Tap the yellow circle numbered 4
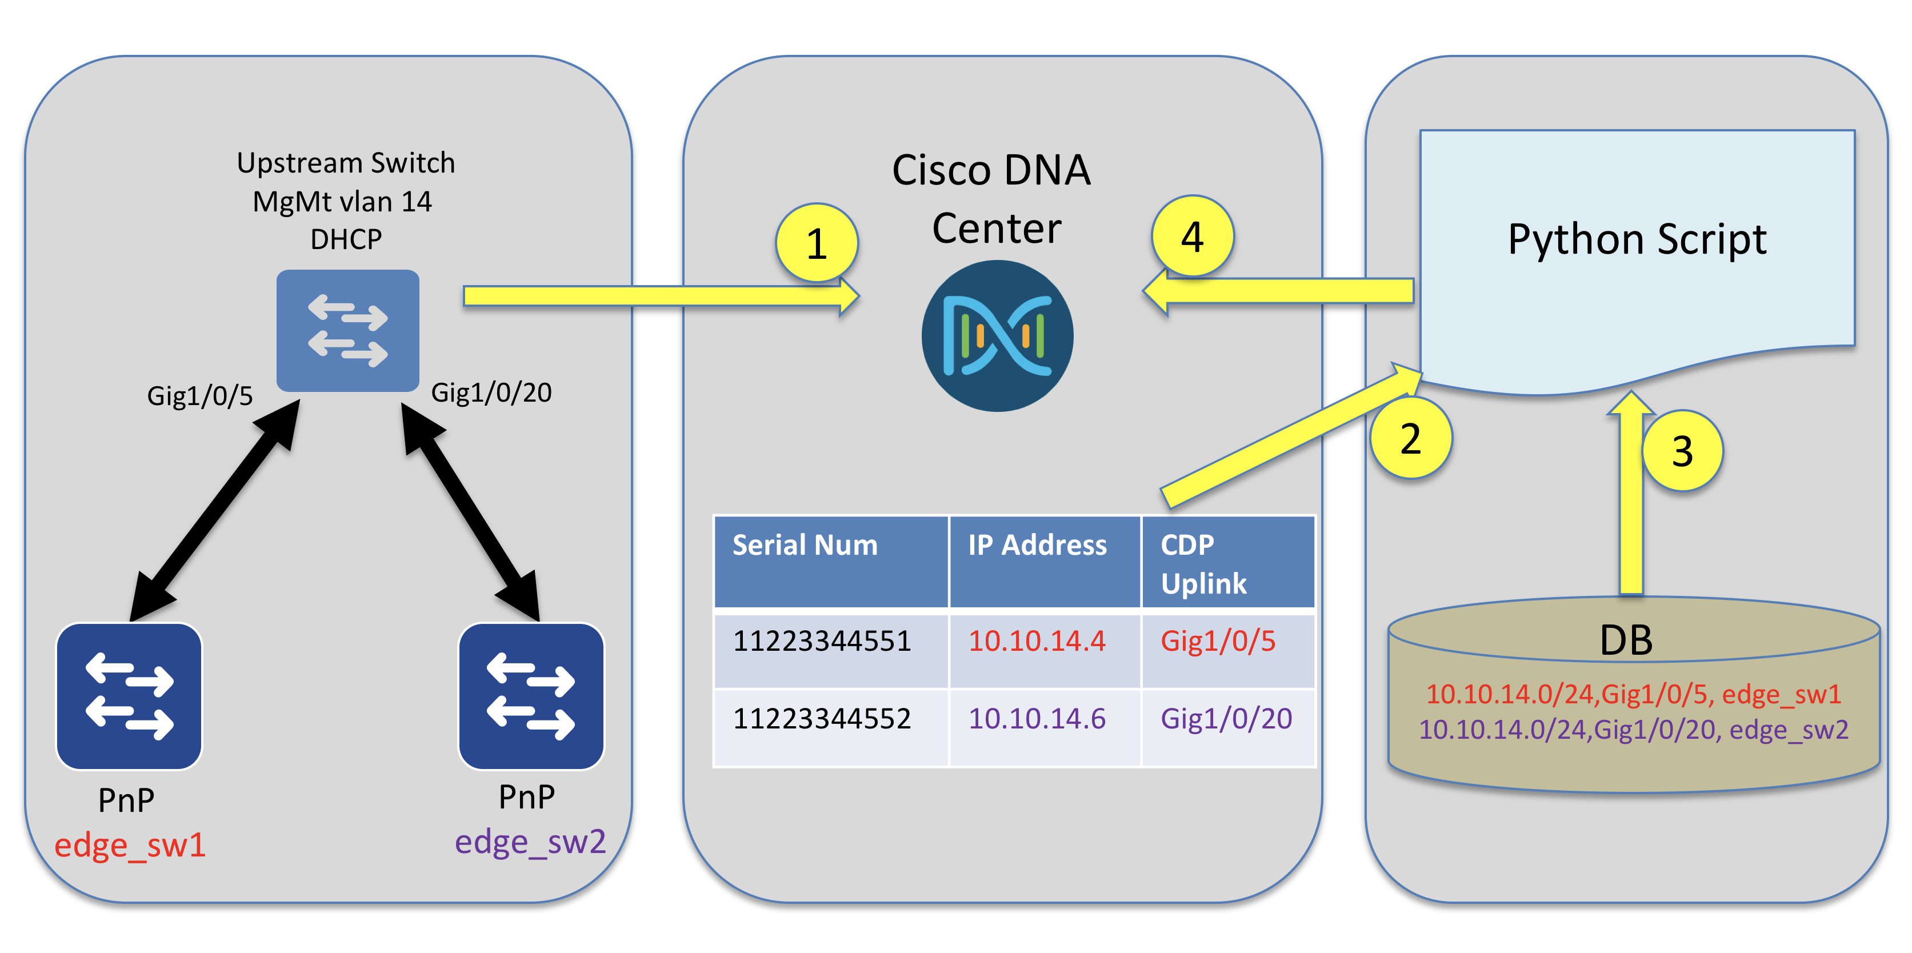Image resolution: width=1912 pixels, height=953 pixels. [x=1192, y=237]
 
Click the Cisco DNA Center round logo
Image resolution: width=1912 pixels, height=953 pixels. [x=997, y=336]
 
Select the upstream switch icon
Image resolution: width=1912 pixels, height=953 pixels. [x=347, y=330]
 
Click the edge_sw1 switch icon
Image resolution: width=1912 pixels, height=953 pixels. [x=129, y=696]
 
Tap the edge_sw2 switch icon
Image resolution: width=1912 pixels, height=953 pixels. [x=531, y=696]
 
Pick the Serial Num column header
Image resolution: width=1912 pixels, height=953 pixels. [x=805, y=546]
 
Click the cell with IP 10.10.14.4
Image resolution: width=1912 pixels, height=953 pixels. [x=1037, y=641]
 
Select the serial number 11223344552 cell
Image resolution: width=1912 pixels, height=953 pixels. [x=822, y=718]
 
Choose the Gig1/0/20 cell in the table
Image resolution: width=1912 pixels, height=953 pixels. [x=1226, y=718]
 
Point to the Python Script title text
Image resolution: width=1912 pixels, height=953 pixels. [x=1637, y=240]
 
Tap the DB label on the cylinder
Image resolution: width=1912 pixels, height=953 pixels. [x=1626, y=640]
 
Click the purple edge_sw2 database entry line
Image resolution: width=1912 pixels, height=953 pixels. [x=1633, y=730]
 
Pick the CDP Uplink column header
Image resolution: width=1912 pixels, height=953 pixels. [x=1204, y=564]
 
